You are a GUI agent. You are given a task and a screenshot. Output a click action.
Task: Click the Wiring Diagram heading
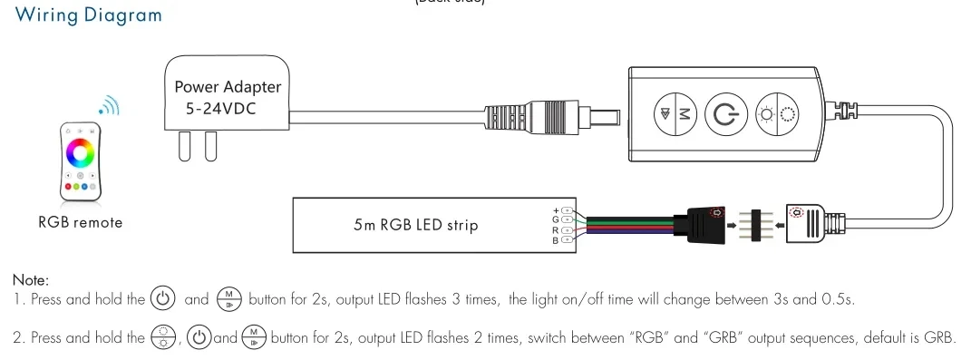click(89, 15)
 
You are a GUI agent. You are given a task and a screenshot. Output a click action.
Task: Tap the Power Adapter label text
click(228, 87)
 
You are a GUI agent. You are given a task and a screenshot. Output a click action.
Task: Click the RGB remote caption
click(80, 222)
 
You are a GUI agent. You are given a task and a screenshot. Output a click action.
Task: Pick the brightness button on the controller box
click(775, 114)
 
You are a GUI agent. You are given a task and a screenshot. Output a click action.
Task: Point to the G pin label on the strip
click(555, 219)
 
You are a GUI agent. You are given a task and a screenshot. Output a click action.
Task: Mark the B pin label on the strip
click(555, 240)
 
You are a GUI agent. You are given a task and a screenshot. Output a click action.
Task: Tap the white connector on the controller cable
click(810, 223)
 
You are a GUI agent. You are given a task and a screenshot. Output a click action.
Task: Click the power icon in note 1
click(162, 298)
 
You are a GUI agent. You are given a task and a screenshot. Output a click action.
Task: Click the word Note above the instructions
click(31, 280)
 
